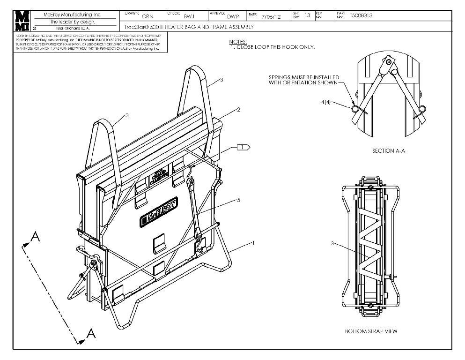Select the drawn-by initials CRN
[148, 16]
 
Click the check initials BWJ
[189, 16]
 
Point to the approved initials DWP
[233, 16]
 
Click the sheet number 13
[308, 15]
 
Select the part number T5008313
[362, 15]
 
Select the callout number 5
[238, 200]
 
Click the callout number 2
[238, 110]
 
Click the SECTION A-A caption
[388, 151]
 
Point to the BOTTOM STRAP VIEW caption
[371, 331]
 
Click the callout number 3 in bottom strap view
[332, 244]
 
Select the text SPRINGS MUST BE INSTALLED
[303, 77]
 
